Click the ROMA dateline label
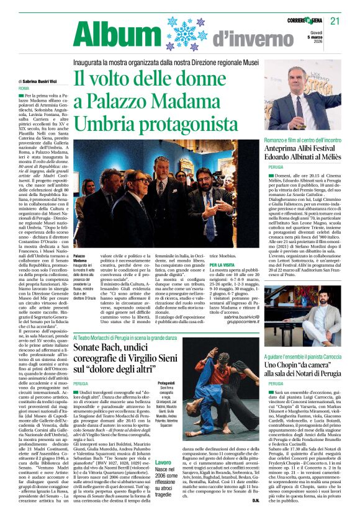pos(24,89)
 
